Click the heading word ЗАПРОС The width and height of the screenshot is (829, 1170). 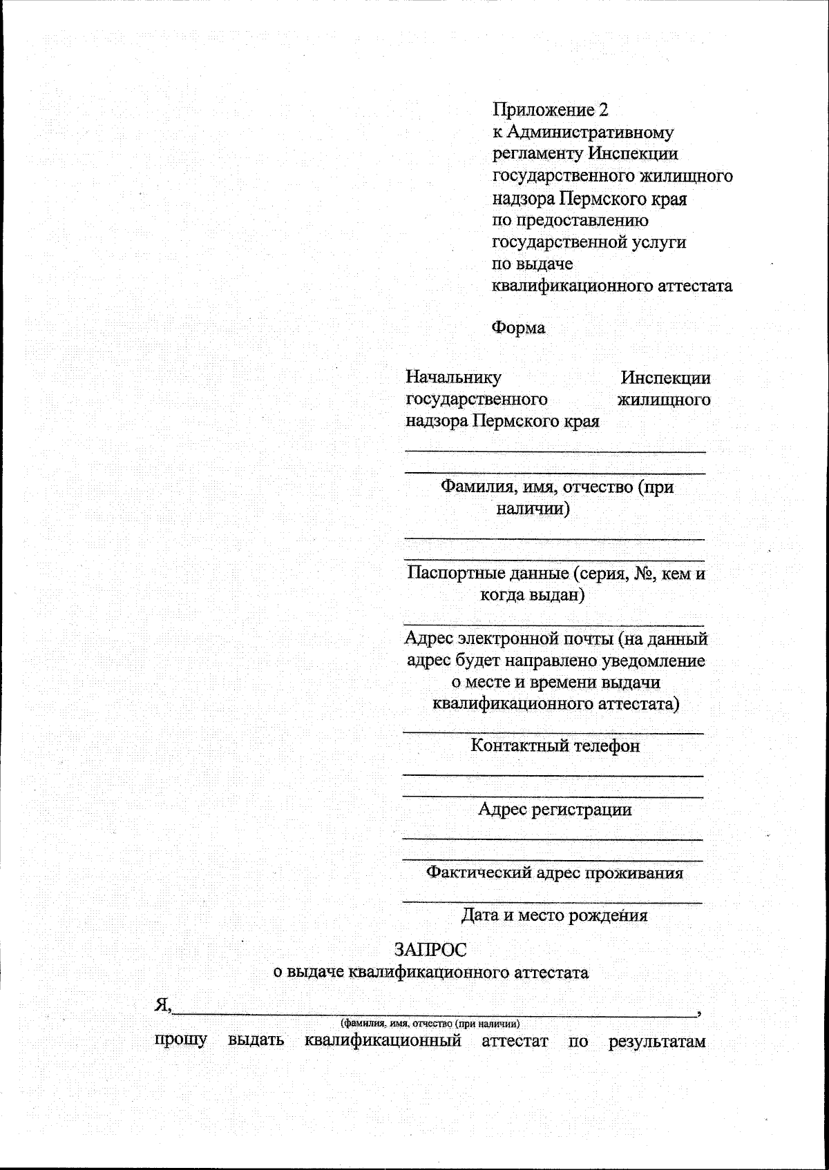click(x=430, y=950)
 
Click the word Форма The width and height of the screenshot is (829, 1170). click(x=518, y=327)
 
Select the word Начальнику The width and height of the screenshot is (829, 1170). click(x=453, y=378)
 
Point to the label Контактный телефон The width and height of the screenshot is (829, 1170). click(x=555, y=745)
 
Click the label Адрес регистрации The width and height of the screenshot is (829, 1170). click(x=555, y=809)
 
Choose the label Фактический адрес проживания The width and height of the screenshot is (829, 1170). click(x=554, y=872)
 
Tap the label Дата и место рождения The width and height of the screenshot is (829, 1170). click(x=554, y=915)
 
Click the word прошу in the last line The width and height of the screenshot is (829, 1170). click(x=180, y=1040)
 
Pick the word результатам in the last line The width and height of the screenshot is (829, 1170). click(x=657, y=1042)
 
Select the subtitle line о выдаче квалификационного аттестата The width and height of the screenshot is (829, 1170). click(x=431, y=973)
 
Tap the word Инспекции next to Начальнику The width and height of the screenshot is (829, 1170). click(x=665, y=378)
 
